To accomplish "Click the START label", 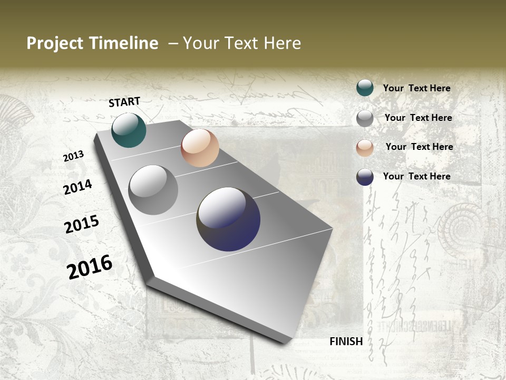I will tap(124, 102).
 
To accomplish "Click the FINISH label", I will tap(346, 341).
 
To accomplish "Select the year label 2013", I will tap(74, 156).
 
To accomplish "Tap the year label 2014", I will tap(77, 187).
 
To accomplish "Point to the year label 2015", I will tap(82, 224).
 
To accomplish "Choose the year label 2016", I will tap(90, 267).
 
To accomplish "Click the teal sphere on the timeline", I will tap(129, 130).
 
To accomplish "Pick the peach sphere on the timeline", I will tap(200, 148).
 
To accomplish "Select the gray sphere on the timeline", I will tap(153, 190).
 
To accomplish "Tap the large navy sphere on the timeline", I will tap(228, 219).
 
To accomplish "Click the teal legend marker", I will tap(365, 88).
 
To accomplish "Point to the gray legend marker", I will tap(365, 118).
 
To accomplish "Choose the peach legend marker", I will tap(365, 148).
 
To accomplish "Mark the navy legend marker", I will tap(365, 177).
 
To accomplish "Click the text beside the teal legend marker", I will tap(416, 88).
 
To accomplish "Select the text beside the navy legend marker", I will tap(416, 176).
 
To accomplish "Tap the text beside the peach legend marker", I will tap(419, 147).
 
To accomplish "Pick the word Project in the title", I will tap(54, 43).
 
